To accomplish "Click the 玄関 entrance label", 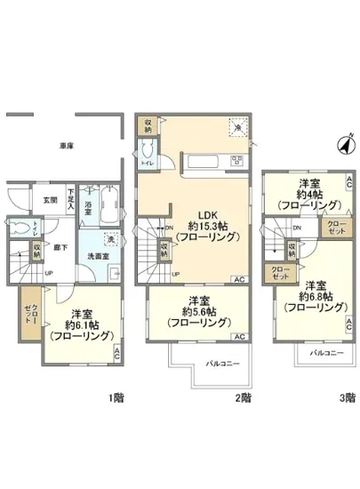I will (52, 200).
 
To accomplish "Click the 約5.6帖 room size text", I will (199, 311).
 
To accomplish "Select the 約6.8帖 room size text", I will (316, 295).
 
